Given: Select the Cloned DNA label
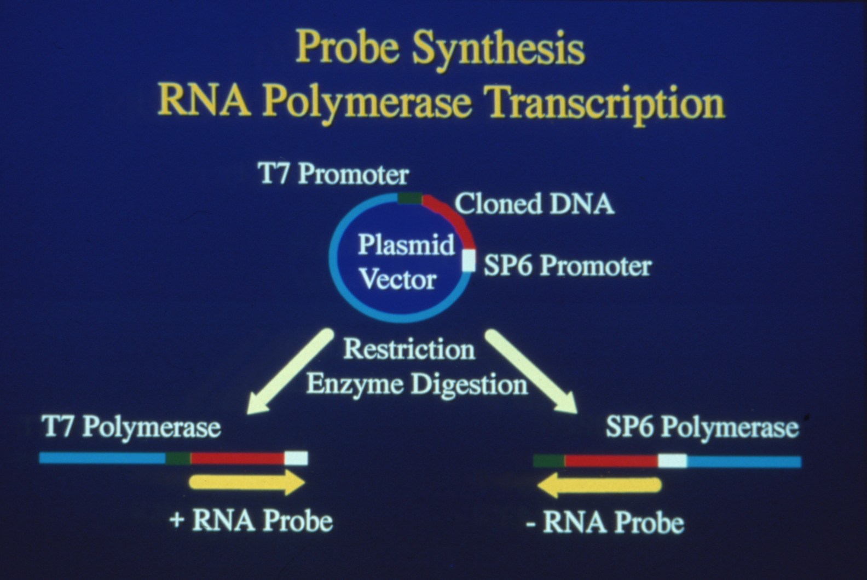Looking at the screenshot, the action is point(534,204).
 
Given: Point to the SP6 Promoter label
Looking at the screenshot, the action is point(568,266).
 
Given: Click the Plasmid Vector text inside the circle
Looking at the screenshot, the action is point(406,262).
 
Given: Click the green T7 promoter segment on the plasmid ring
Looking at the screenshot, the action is point(410,198).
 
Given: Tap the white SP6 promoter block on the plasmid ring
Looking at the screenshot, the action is point(469,260).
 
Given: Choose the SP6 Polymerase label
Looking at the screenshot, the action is point(702,427).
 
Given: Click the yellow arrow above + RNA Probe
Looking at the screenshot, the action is point(247,483).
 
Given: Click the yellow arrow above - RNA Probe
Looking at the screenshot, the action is point(599,486).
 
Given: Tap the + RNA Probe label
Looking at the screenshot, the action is point(251,520).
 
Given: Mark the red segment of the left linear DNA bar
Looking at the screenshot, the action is point(237,458).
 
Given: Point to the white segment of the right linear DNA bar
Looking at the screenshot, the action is point(672,461).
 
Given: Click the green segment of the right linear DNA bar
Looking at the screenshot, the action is point(549,461).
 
